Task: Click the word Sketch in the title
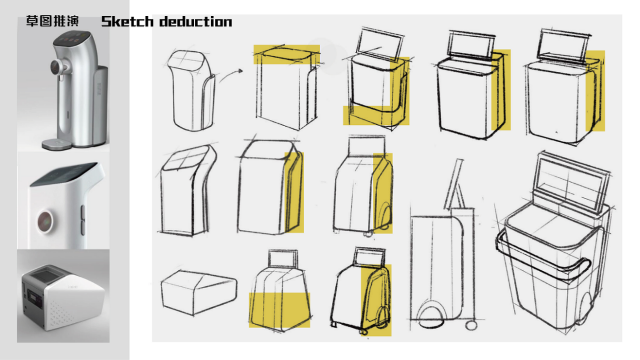coord(127,22)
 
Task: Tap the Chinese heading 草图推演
coord(52,22)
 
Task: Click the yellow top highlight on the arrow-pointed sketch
coord(286,55)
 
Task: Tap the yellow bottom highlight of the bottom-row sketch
coord(280,309)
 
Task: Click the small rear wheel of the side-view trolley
coord(471,325)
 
